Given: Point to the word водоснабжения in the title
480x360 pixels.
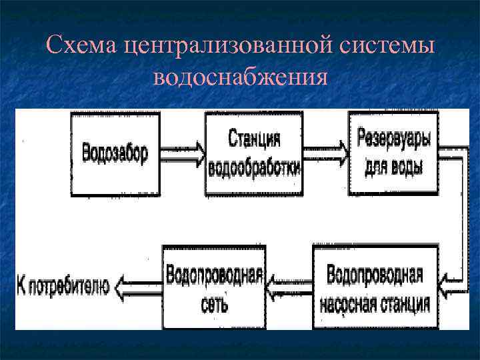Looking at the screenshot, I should (x=240, y=77).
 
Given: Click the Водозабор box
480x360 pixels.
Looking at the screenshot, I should (x=115, y=153).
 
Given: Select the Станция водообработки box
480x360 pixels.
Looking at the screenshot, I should (x=254, y=153).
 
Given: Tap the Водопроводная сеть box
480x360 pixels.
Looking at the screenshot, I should (x=214, y=287).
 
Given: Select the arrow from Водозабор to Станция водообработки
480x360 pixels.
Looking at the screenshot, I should (x=182, y=153).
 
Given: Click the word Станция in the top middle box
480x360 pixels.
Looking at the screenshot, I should (x=254, y=139).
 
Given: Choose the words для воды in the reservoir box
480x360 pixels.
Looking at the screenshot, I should (x=393, y=167).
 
